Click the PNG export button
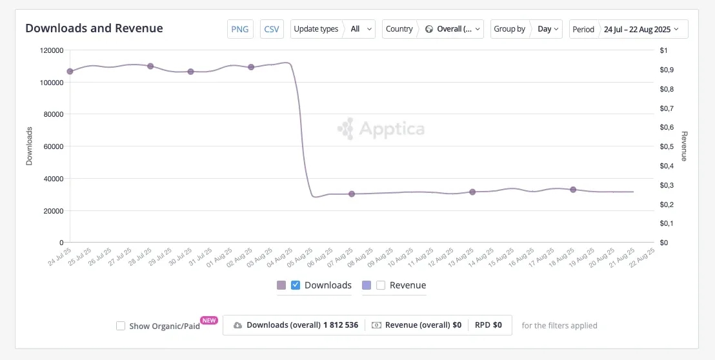point(240,29)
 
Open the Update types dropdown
point(333,29)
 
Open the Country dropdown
point(432,29)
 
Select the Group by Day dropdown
point(527,29)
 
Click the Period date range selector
point(629,29)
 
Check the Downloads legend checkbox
point(296,285)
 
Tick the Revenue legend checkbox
point(381,285)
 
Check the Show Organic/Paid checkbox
point(121,326)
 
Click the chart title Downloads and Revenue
point(94,28)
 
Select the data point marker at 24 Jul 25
point(70,71)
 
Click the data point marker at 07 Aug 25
point(352,194)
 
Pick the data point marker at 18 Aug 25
point(573,190)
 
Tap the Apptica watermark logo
point(381,129)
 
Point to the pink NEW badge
point(209,320)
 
